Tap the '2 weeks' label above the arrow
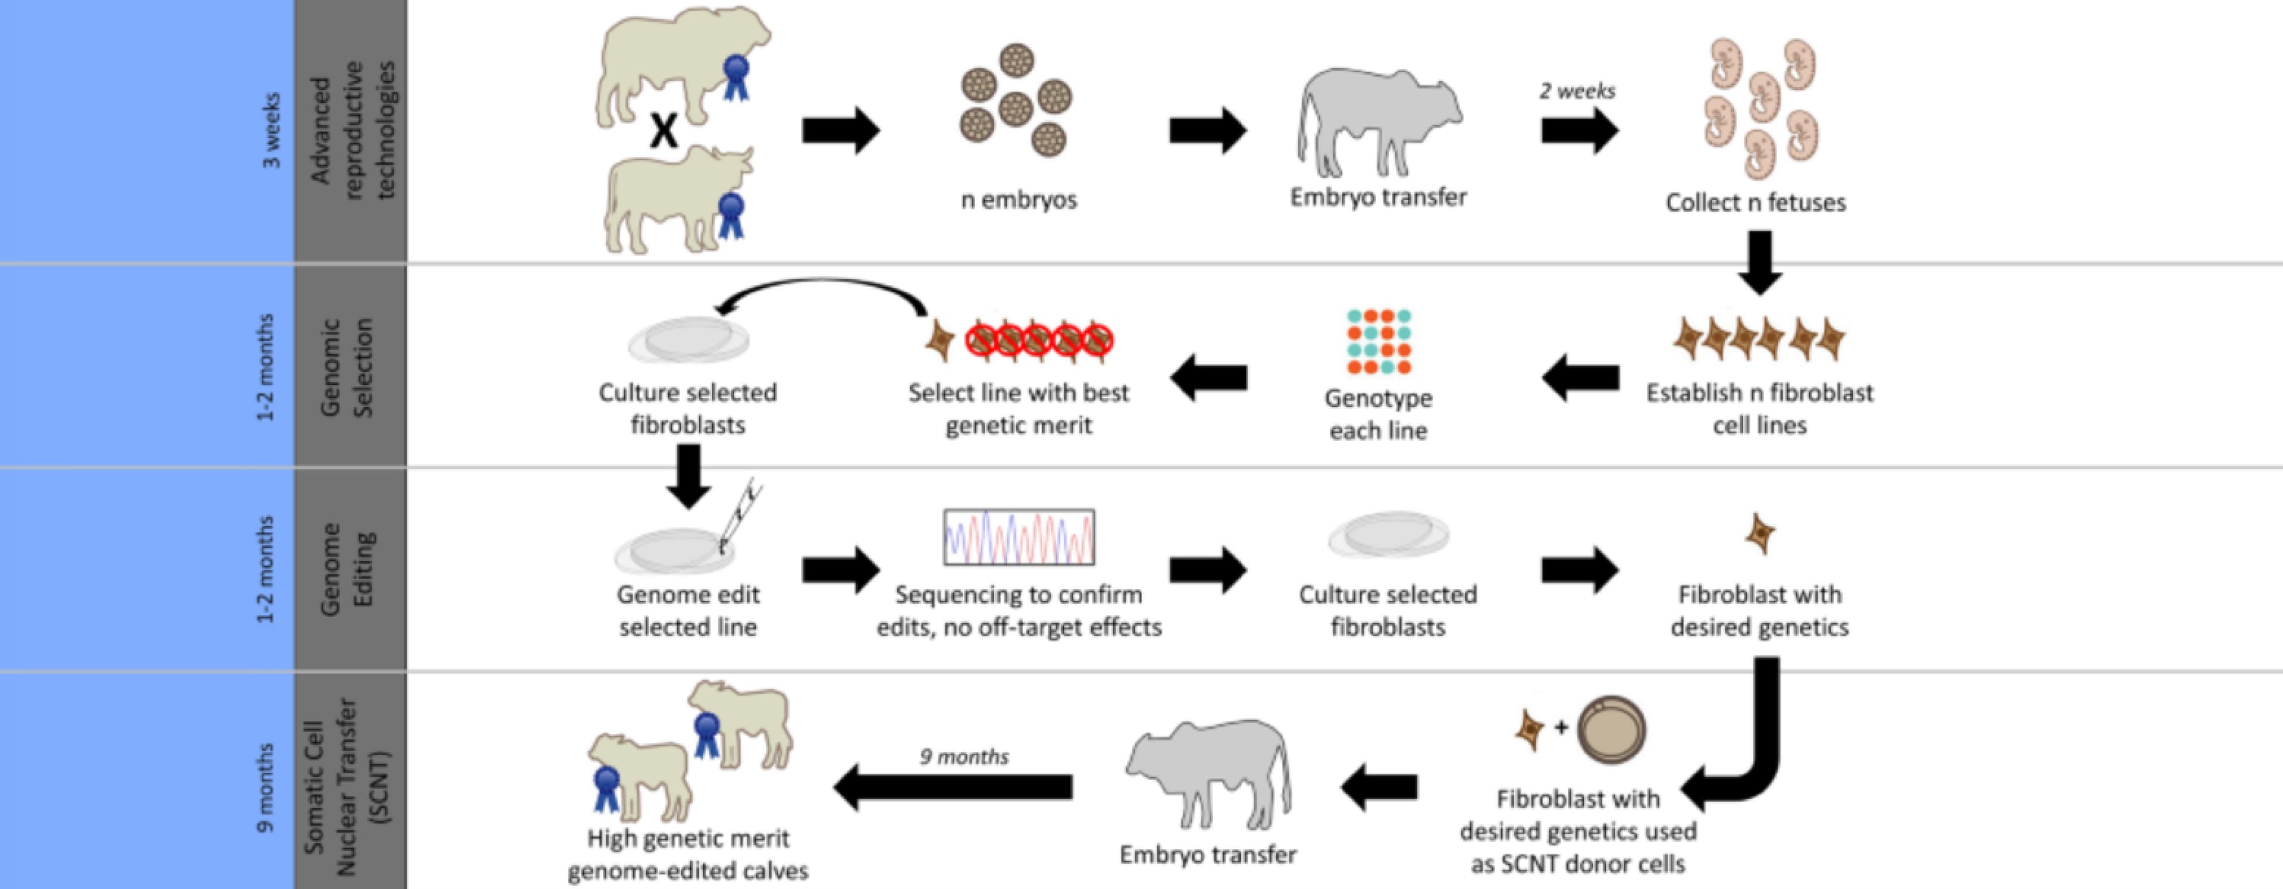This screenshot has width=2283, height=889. pyautogui.click(x=1577, y=90)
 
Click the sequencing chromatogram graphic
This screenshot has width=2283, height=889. pyautogui.click(x=1018, y=536)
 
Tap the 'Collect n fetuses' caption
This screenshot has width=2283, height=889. pyautogui.click(x=1755, y=202)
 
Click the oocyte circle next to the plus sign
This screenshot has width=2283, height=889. pyautogui.click(x=1611, y=728)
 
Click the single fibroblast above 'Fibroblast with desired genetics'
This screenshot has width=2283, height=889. pyautogui.click(x=1759, y=533)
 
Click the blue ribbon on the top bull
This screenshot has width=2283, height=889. pyautogui.click(x=735, y=76)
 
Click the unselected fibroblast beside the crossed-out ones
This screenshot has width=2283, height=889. pyautogui.click(x=939, y=340)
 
